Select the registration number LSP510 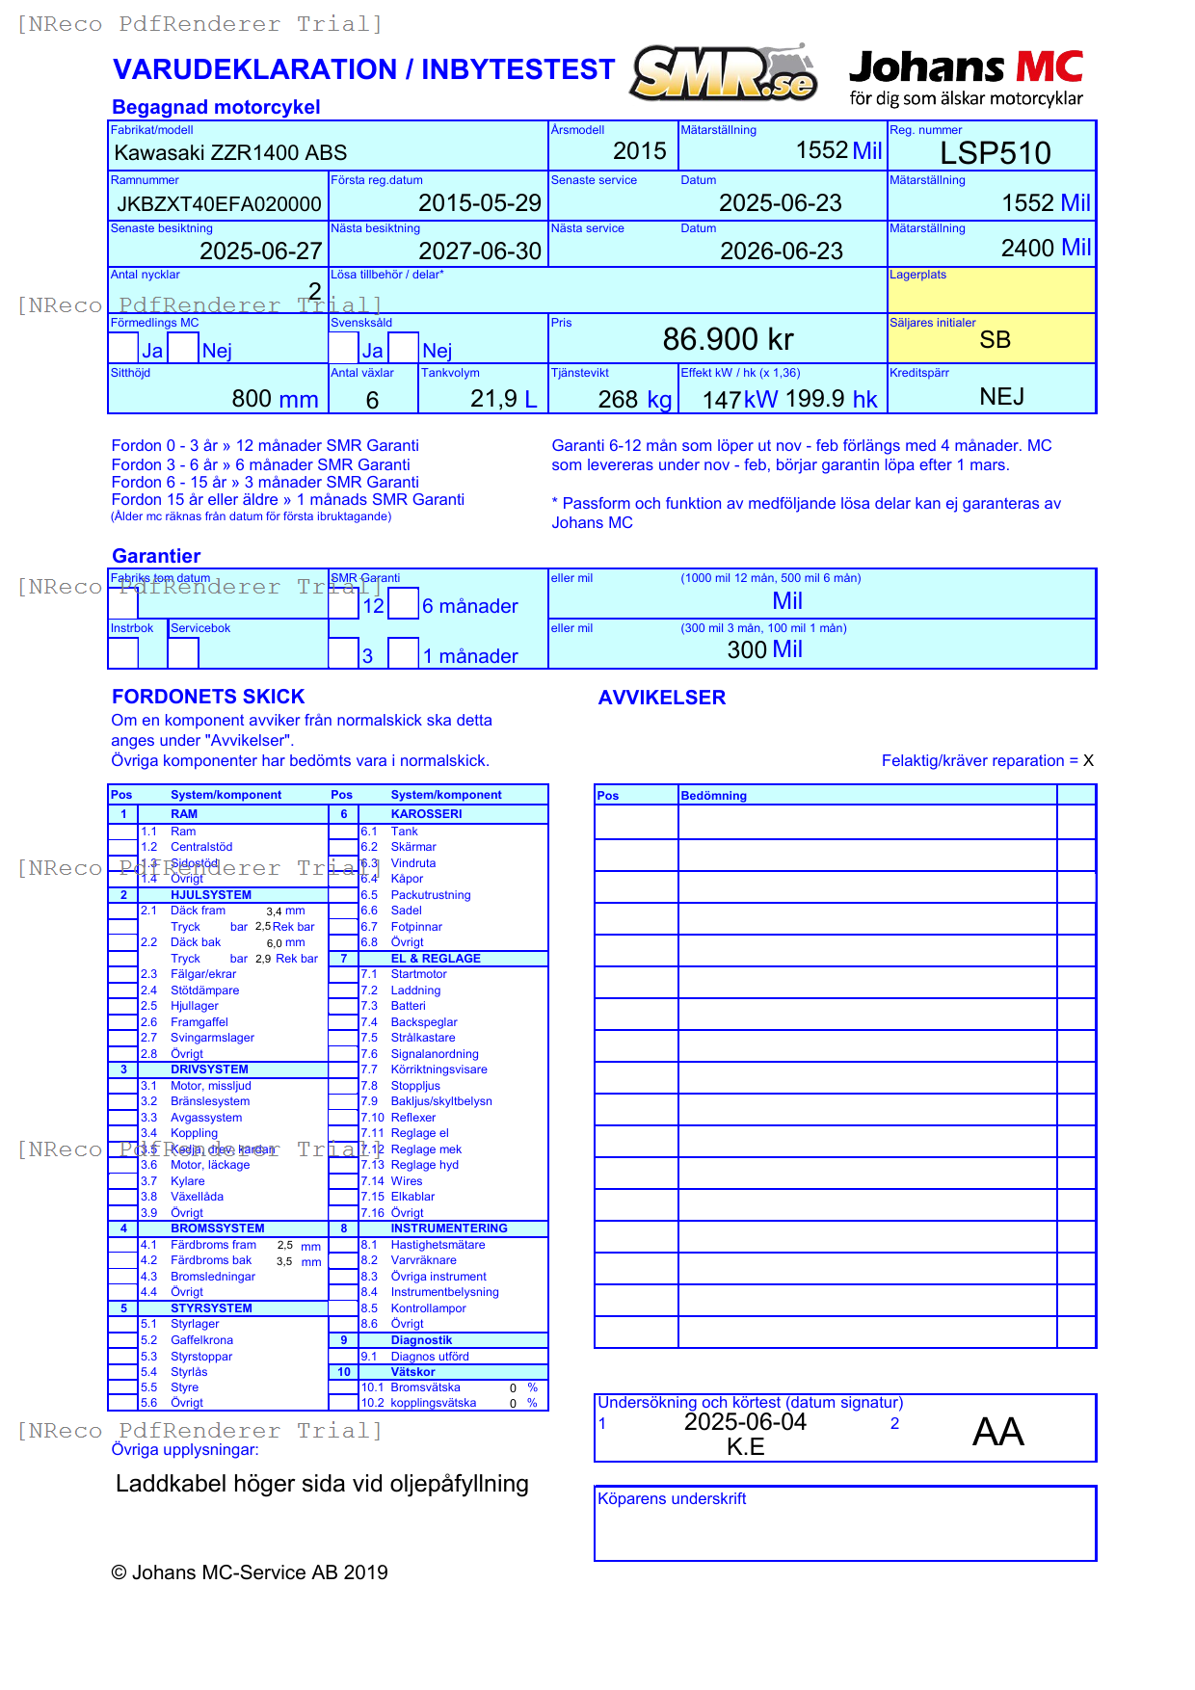tap(995, 153)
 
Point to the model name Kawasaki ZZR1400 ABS tap(230, 152)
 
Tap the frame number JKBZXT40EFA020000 tap(219, 203)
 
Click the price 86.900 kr tap(728, 339)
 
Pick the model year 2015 tap(639, 151)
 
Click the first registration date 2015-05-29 tap(479, 203)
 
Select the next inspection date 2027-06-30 tap(479, 251)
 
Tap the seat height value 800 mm tap(275, 399)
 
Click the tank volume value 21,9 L tap(503, 399)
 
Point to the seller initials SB tap(995, 340)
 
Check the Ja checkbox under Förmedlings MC tap(123, 348)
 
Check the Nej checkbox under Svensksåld tap(404, 348)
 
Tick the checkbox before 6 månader tap(404, 603)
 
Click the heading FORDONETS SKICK tap(208, 697)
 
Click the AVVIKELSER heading tap(661, 698)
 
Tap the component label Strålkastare tap(422, 1038)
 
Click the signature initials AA tap(997, 1432)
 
